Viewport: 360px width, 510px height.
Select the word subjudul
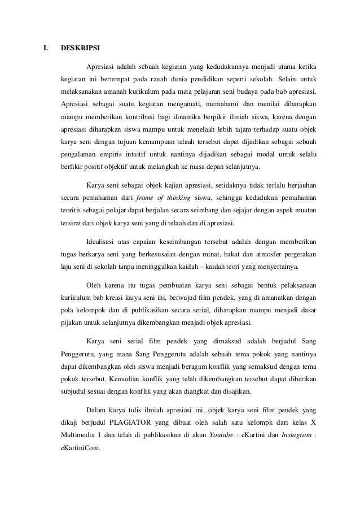[74, 390]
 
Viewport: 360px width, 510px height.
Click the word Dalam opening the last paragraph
[96, 408]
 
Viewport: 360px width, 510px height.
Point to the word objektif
[117, 167]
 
